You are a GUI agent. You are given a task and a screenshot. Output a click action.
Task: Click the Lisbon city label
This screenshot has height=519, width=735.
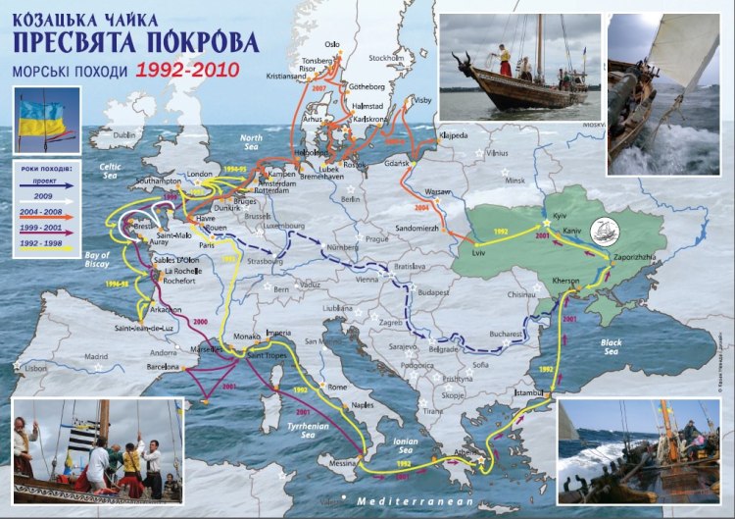click(x=35, y=368)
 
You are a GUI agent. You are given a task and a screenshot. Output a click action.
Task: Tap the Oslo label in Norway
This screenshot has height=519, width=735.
click(x=332, y=44)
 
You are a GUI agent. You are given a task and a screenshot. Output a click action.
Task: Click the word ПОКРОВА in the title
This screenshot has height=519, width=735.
click(x=201, y=42)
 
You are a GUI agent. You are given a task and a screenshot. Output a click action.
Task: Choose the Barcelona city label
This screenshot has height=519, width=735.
click(x=161, y=367)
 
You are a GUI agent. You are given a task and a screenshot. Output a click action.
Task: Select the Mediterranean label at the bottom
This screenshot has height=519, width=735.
click(x=416, y=500)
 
